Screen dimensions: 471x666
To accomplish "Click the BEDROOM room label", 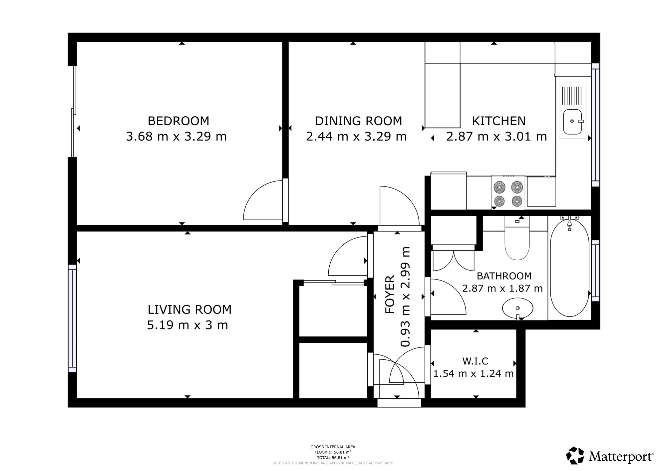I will [x=178, y=121].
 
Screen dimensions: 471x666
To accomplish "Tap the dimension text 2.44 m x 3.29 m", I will [x=356, y=137].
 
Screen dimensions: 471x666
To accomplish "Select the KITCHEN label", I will [x=499, y=121].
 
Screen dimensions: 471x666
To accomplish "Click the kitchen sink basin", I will [x=572, y=122].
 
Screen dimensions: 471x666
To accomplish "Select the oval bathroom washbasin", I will [x=517, y=308].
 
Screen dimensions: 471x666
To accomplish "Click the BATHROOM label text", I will [x=504, y=276].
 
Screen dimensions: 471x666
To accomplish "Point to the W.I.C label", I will [x=475, y=361].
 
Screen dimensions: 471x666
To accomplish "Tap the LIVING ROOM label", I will [x=189, y=309].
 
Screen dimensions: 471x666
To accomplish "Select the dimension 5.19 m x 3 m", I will [x=187, y=325].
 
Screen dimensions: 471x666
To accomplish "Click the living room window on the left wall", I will [x=72, y=318].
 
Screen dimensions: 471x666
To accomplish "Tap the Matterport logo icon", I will [x=575, y=456].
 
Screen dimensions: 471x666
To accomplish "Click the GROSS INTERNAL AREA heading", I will [x=333, y=447].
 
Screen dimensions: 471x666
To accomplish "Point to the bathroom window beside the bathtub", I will [x=595, y=270].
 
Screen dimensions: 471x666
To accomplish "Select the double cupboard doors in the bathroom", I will [x=453, y=261].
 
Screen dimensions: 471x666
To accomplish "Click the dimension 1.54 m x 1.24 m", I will [x=473, y=374].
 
